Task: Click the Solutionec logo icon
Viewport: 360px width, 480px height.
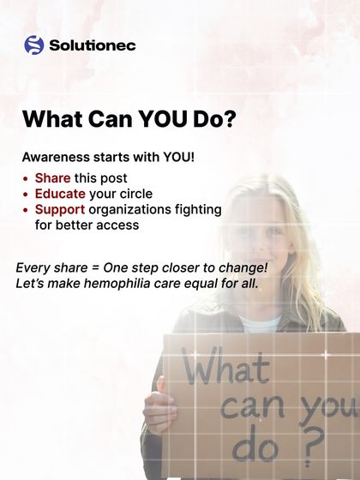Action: [x=33, y=45]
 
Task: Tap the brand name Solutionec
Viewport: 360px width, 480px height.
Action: [x=92, y=45]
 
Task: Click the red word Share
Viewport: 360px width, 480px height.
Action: [x=52, y=178]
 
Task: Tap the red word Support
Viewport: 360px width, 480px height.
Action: [x=59, y=209]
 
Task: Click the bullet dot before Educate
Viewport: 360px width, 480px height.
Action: [x=27, y=195]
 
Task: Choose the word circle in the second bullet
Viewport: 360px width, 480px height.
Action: [x=134, y=194]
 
